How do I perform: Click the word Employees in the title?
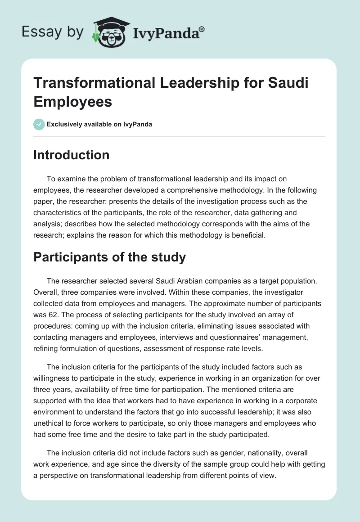point(73,101)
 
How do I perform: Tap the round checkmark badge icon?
point(39,124)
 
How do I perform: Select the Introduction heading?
point(72,155)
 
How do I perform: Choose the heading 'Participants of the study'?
point(110,257)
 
